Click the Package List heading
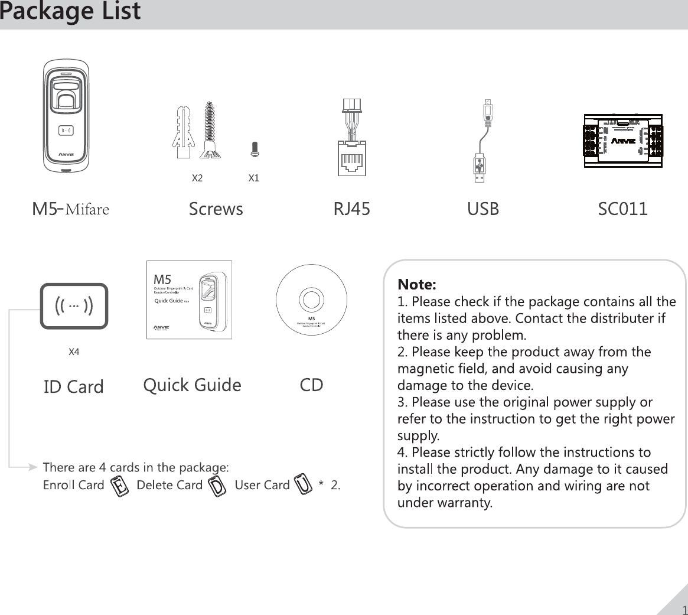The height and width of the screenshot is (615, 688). pyautogui.click(x=70, y=12)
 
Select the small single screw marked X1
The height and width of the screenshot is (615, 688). pyautogui.click(x=255, y=149)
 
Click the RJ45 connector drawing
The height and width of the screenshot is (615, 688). pyautogui.click(x=351, y=139)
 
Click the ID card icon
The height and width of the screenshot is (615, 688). pyautogui.click(x=74, y=306)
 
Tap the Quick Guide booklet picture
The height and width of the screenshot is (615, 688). pyautogui.click(x=189, y=300)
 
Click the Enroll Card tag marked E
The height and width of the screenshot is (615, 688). pyautogui.click(x=120, y=486)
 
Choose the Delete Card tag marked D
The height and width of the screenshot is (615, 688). pyautogui.click(x=219, y=486)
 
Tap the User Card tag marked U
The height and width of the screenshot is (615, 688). pyautogui.click(x=304, y=484)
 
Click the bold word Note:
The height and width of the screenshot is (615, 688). pyautogui.click(x=417, y=285)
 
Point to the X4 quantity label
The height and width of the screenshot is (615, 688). pyautogui.click(x=74, y=352)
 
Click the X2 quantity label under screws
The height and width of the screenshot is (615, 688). pyautogui.click(x=197, y=178)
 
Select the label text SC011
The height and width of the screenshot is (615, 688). pyautogui.click(x=622, y=209)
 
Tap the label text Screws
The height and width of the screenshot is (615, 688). pyautogui.click(x=216, y=209)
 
